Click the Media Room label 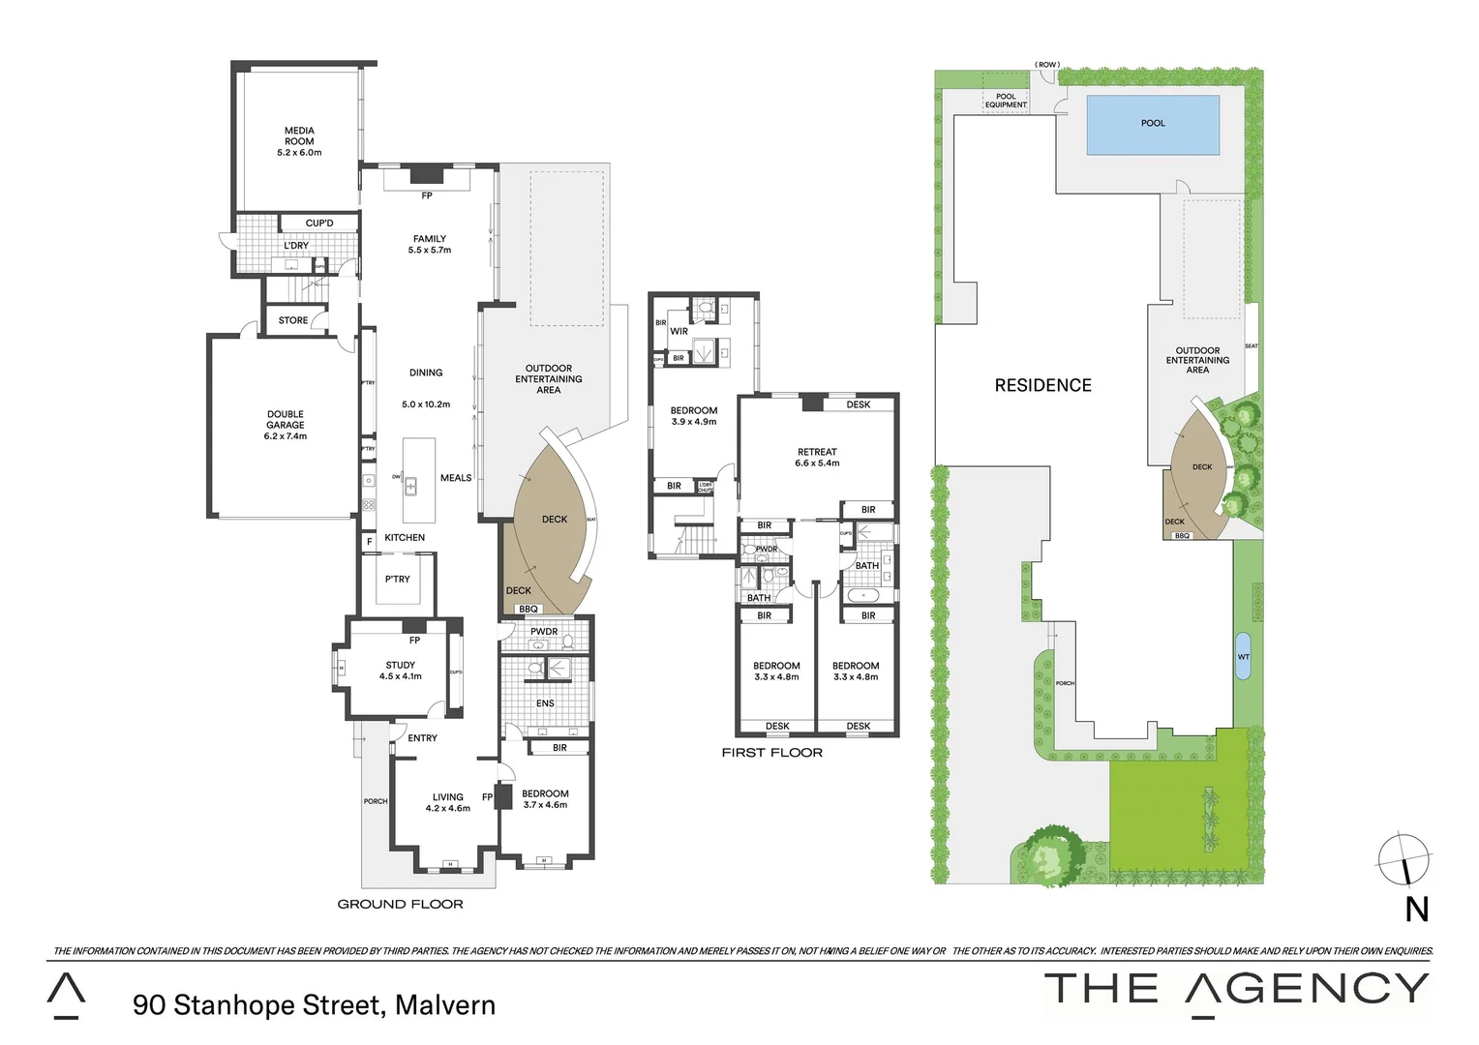click(299, 131)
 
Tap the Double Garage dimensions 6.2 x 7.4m click(286, 436)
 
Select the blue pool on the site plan click(1153, 125)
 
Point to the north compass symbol click(1404, 860)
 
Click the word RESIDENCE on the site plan click(1042, 385)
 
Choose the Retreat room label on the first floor click(817, 452)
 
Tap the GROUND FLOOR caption click(400, 904)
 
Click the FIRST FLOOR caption click(771, 752)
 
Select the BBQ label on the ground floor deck click(528, 609)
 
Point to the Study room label click(400, 665)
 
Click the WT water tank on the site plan click(1244, 657)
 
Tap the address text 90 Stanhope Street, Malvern click(314, 1005)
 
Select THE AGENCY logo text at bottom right click(1236, 989)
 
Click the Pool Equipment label click(1006, 101)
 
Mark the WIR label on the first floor click(679, 331)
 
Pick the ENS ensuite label click(545, 703)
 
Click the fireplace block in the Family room click(426, 175)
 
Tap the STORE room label click(293, 320)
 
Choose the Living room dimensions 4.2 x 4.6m click(447, 808)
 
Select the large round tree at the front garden click(1048, 854)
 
